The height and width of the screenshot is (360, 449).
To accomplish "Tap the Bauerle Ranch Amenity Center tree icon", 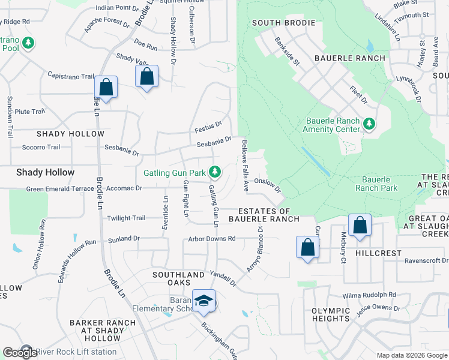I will pyautogui.click(x=369, y=124).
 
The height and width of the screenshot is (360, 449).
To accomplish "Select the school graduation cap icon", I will pyautogui.click(x=203, y=301).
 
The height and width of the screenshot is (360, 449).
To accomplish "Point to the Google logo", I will pyautogui.click(x=20, y=353).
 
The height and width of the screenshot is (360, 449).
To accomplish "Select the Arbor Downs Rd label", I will pyautogui.click(x=212, y=239).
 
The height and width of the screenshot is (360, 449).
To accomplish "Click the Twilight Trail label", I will pyautogui.click(x=126, y=218).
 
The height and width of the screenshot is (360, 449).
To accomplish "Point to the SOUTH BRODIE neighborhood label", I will pyautogui.click(x=283, y=23).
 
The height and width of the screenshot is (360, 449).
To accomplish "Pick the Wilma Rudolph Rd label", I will pyautogui.click(x=370, y=295).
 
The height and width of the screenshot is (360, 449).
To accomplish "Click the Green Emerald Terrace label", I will pyautogui.click(x=60, y=188).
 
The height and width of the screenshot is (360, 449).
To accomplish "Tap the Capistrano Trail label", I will pyautogui.click(x=71, y=76).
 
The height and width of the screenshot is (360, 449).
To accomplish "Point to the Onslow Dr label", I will pyautogui.click(x=267, y=184).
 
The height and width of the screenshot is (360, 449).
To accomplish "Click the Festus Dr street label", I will pyautogui.click(x=208, y=127).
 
